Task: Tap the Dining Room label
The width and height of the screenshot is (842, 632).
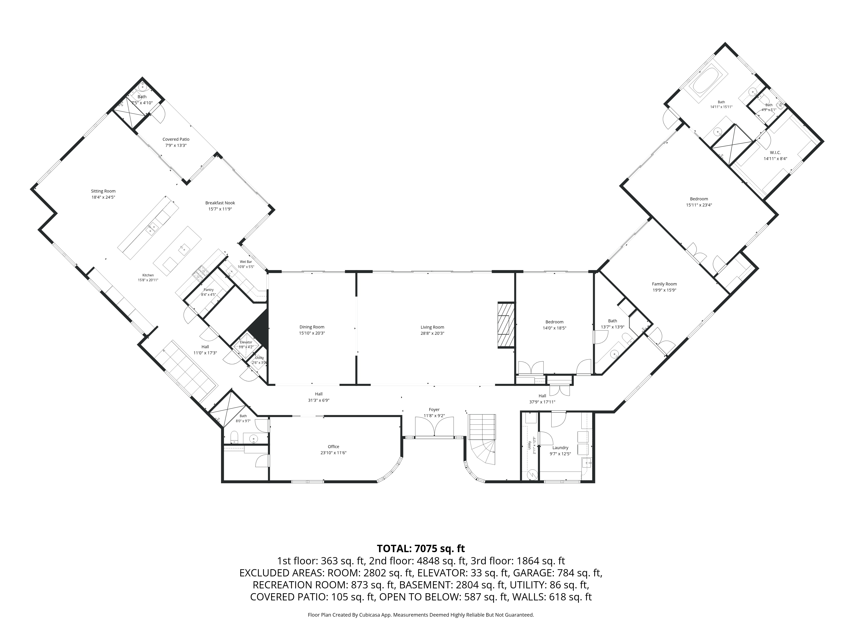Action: click(312, 327)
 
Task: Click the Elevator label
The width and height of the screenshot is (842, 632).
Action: click(246, 342)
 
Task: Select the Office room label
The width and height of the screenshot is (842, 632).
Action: click(333, 446)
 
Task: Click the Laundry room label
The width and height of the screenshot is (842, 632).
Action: click(560, 448)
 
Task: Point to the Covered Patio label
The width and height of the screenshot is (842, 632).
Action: click(176, 139)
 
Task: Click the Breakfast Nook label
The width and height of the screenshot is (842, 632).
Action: click(220, 203)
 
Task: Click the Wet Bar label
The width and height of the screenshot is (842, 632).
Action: click(246, 262)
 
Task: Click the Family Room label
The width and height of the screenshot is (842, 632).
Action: click(664, 284)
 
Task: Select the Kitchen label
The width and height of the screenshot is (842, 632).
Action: click(148, 275)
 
